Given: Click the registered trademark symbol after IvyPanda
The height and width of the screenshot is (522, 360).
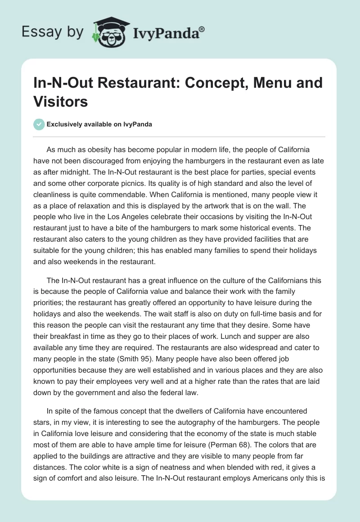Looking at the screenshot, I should tap(202, 30).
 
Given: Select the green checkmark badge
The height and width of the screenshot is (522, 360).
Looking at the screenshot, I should tap(39, 124).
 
